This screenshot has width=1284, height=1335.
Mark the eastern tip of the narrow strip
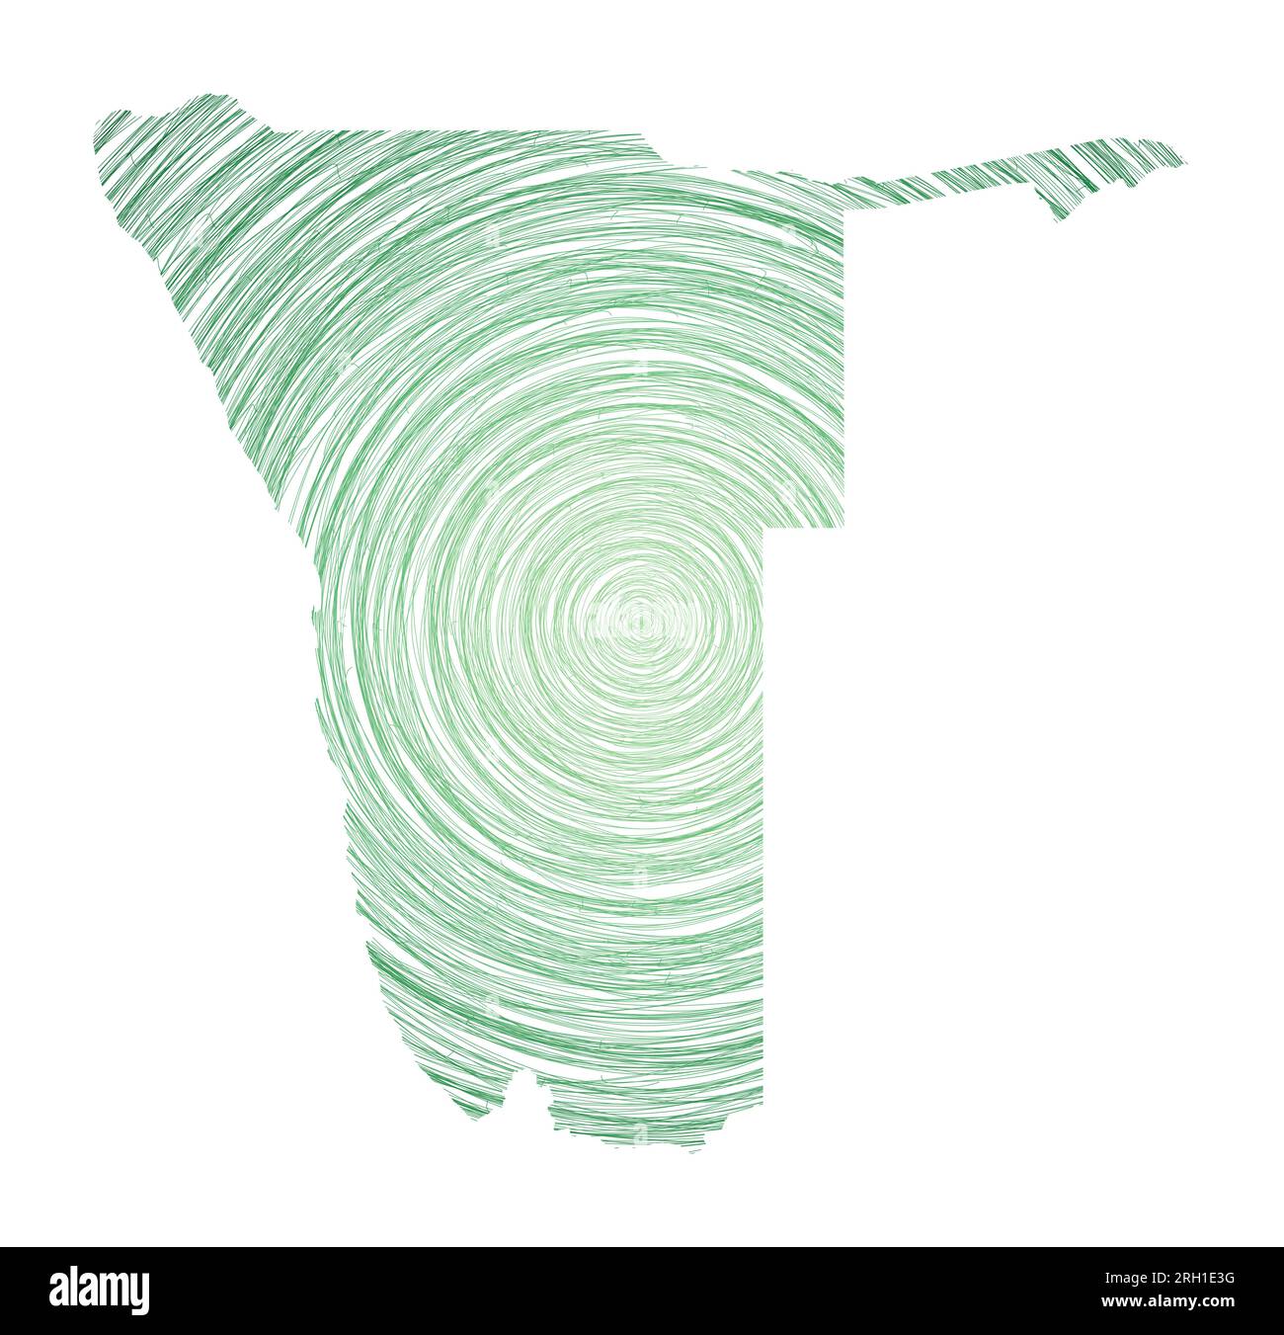(1184, 159)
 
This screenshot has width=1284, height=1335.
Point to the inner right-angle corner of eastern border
(766, 528)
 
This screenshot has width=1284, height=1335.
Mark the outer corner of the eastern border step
(844, 526)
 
